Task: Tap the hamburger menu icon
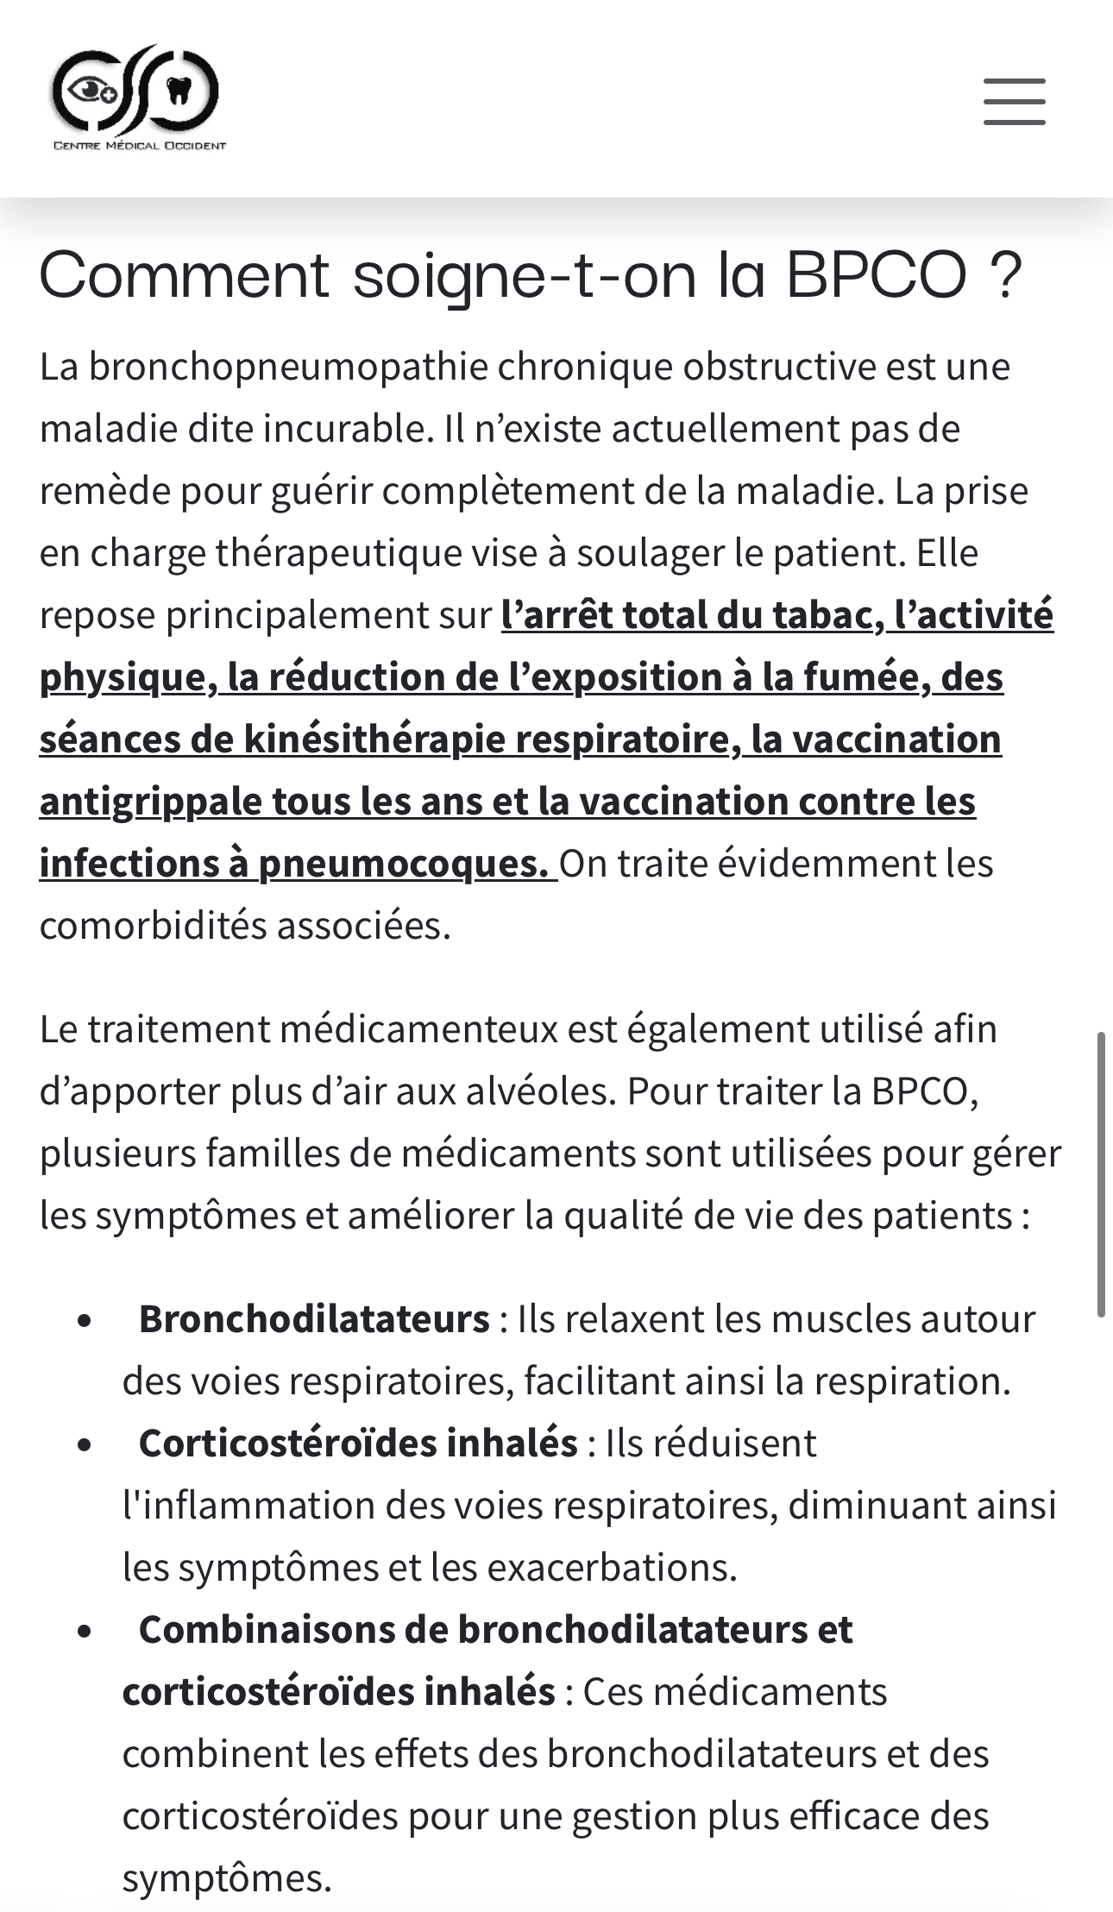(1014, 102)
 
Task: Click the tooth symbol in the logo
(179, 91)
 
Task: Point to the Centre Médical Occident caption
(140, 146)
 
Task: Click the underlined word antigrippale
(150, 802)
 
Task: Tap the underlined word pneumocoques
(402, 864)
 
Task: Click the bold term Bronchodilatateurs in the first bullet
(314, 1319)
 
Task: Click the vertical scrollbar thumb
(1101, 1173)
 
